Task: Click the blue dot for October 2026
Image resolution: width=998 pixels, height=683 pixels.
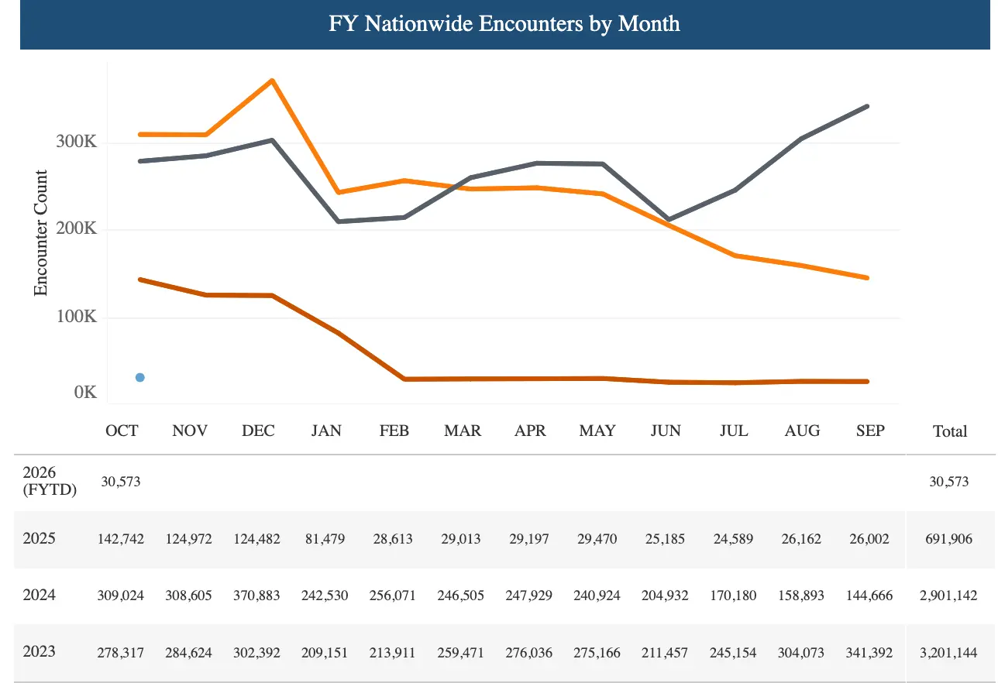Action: [140, 377]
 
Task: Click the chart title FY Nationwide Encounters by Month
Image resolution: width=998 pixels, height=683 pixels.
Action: [504, 24]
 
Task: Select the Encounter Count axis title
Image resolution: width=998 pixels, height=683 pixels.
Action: [41, 233]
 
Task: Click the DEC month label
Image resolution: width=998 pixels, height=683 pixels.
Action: [258, 431]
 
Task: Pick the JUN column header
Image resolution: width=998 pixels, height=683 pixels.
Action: [666, 431]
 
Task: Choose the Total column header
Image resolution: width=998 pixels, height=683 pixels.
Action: [950, 431]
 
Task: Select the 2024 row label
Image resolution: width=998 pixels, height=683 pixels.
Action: [40, 595]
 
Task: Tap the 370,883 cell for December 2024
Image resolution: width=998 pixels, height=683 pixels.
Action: [257, 596]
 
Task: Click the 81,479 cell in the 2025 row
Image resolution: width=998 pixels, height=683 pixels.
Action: [325, 539]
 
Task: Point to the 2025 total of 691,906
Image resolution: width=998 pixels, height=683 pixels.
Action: [950, 539]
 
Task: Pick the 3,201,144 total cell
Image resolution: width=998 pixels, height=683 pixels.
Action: [950, 653]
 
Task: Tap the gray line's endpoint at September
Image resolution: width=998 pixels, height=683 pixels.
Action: [867, 106]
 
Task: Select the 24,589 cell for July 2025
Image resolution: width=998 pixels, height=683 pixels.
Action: [733, 539]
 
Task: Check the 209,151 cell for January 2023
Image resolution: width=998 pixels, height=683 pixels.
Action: [325, 653]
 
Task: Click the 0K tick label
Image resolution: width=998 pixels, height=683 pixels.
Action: [85, 393]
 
